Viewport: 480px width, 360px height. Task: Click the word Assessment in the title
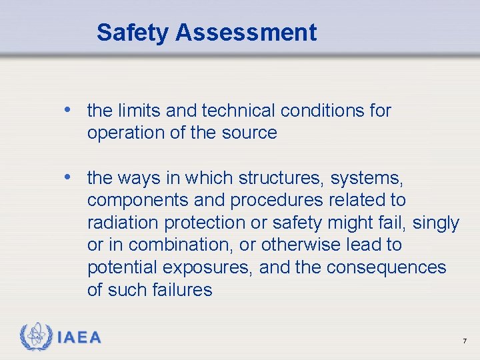pyautogui.click(x=247, y=32)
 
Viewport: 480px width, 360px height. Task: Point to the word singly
pyautogui.click(x=436, y=223)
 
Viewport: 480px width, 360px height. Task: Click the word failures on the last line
pyautogui.click(x=179, y=290)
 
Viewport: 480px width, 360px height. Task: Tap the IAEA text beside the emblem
pyautogui.click(x=79, y=337)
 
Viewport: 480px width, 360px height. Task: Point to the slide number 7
pyautogui.click(x=465, y=341)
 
